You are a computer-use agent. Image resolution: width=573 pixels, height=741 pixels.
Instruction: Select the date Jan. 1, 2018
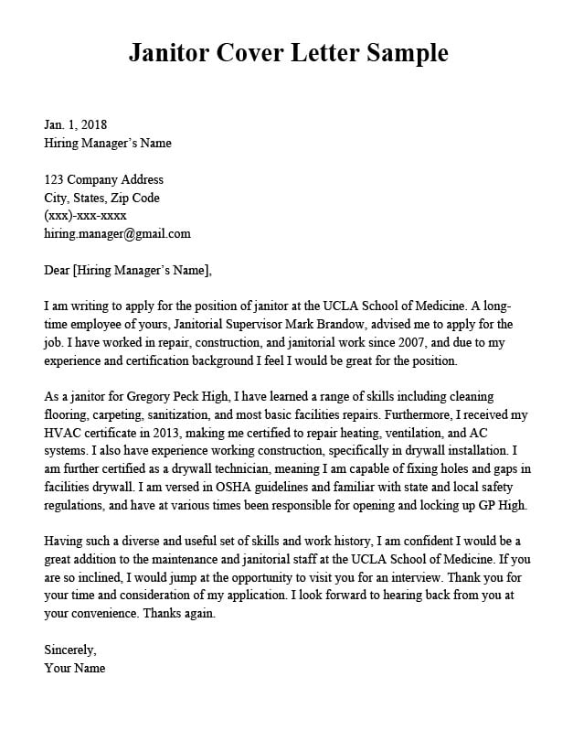[76, 124]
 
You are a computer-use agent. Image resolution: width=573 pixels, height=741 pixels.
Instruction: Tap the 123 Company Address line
[103, 179]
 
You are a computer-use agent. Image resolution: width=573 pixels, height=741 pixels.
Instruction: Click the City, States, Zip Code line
[101, 198]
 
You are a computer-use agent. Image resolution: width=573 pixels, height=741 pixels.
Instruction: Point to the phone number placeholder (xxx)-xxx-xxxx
[85, 216]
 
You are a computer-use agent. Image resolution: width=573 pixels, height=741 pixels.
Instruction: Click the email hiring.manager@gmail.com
[117, 233]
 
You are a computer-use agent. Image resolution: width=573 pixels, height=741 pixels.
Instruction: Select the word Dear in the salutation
[57, 270]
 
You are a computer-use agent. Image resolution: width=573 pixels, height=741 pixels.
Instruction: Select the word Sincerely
[70, 650]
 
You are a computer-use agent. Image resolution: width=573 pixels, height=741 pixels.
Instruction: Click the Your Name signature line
[75, 668]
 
